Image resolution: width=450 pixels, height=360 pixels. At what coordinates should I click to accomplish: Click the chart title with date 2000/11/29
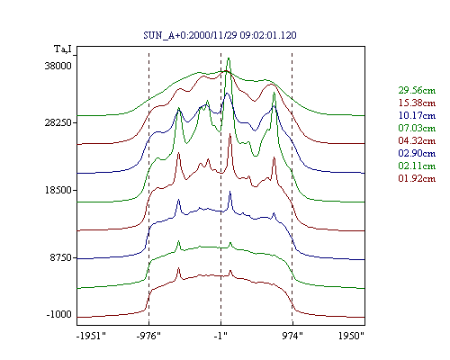(x=220, y=35)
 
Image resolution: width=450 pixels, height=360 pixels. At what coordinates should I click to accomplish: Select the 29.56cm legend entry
(x=417, y=90)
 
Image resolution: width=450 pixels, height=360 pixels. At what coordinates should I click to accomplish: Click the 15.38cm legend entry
(x=417, y=103)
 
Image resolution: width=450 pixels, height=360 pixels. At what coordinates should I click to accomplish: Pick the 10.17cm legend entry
(x=417, y=115)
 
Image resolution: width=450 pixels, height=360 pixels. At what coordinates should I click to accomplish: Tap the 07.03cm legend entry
(x=417, y=128)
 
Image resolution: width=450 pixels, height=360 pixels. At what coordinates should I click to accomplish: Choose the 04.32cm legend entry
(x=417, y=140)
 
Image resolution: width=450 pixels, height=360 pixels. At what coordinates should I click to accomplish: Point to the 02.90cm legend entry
(x=417, y=153)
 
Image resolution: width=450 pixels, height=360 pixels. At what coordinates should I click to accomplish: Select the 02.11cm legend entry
(x=417, y=166)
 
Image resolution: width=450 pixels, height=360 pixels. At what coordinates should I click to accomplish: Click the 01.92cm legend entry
(x=417, y=178)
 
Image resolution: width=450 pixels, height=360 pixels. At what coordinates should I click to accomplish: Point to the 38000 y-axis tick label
(x=58, y=66)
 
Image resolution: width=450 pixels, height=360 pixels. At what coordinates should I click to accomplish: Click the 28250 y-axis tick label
(x=58, y=122)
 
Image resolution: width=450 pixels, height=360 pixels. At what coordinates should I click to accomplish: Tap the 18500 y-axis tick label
(x=58, y=190)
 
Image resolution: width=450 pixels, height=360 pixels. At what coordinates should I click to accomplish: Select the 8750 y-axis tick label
(x=61, y=257)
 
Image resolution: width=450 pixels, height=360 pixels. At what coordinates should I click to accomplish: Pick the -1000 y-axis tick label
(x=59, y=314)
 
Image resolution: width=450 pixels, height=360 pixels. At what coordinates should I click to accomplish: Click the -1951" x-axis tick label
(x=92, y=336)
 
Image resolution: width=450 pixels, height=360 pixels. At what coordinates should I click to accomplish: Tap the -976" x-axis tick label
(x=148, y=336)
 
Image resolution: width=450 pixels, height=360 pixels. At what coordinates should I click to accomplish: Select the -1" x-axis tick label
(x=220, y=336)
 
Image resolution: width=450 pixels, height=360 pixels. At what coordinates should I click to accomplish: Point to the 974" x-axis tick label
(x=292, y=336)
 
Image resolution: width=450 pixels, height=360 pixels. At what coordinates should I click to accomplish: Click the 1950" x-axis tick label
(x=351, y=336)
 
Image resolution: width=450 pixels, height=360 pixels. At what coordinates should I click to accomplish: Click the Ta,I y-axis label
(x=63, y=49)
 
